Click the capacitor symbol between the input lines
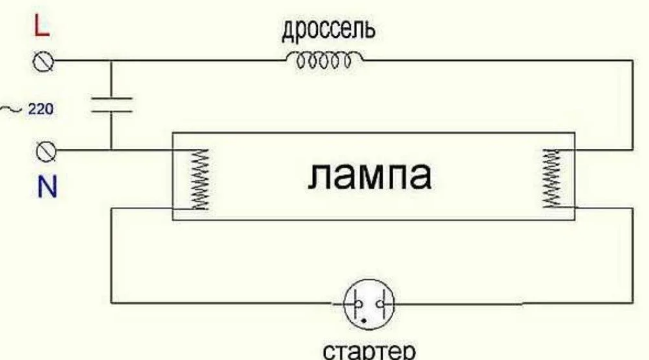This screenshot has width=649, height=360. [111, 105]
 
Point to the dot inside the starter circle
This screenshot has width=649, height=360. [363, 318]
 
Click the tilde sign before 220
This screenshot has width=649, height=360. [12, 110]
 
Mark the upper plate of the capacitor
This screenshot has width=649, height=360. [111, 97]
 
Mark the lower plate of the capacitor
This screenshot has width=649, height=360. [111, 111]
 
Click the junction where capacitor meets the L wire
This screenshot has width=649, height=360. [111, 61]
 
